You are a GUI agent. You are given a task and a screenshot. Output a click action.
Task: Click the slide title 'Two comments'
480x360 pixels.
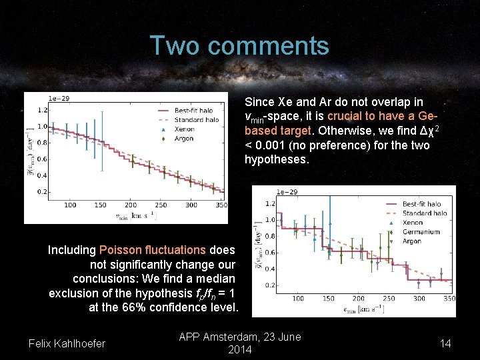point(239,46)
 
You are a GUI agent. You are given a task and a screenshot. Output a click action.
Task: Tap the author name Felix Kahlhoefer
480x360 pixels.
point(67,343)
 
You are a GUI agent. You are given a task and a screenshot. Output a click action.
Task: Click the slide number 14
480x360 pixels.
point(446,343)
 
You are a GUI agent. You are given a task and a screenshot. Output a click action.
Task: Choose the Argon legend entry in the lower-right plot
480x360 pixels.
point(412,241)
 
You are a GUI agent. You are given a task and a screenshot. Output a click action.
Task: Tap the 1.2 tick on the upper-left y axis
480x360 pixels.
point(42,110)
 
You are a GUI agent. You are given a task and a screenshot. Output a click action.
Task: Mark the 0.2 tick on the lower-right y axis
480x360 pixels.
point(271,285)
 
